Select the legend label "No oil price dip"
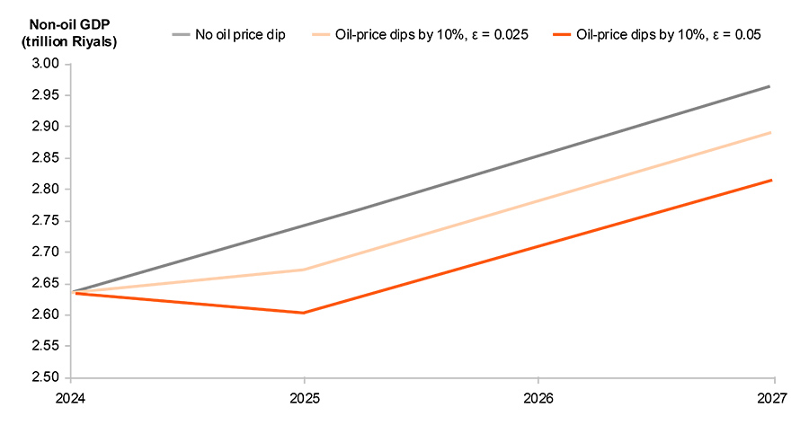tap(240, 35)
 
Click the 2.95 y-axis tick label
tap(46, 95)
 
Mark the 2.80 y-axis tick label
tap(46, 190)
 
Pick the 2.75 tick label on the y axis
tap(46, 221)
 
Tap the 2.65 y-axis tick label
tap(46, 284)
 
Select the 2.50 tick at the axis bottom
tap(46, 378)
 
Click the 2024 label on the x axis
tap(70, 396)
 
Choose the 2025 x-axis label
tap(304, 396)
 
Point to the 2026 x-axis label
tap(538, 396)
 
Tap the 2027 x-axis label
tap(772, 396)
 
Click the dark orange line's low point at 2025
tap(304, 313)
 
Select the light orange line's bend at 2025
tap(304, 270)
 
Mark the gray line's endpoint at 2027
tap(770, 86)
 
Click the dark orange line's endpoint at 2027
tap(770, 180)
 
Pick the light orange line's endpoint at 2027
tap(770, 133)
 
